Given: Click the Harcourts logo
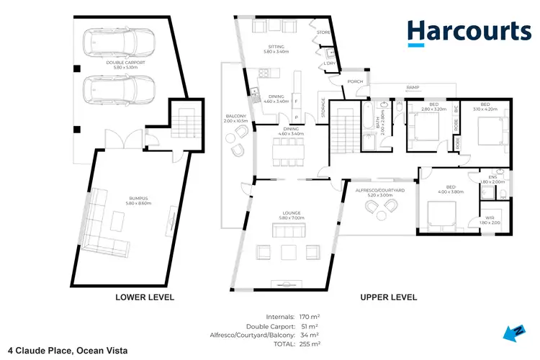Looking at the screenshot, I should pos(469,33).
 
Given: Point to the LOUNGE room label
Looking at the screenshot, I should pos(289,213).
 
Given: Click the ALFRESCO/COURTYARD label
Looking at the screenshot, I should pos(379,190).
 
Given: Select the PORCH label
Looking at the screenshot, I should pos(355,81).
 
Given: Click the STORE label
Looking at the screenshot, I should pos(324,32).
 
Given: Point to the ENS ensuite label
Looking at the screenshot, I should pos(493,176).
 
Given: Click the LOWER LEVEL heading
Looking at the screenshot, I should pos(145,297).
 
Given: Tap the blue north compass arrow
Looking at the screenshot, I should pos(513,331).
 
